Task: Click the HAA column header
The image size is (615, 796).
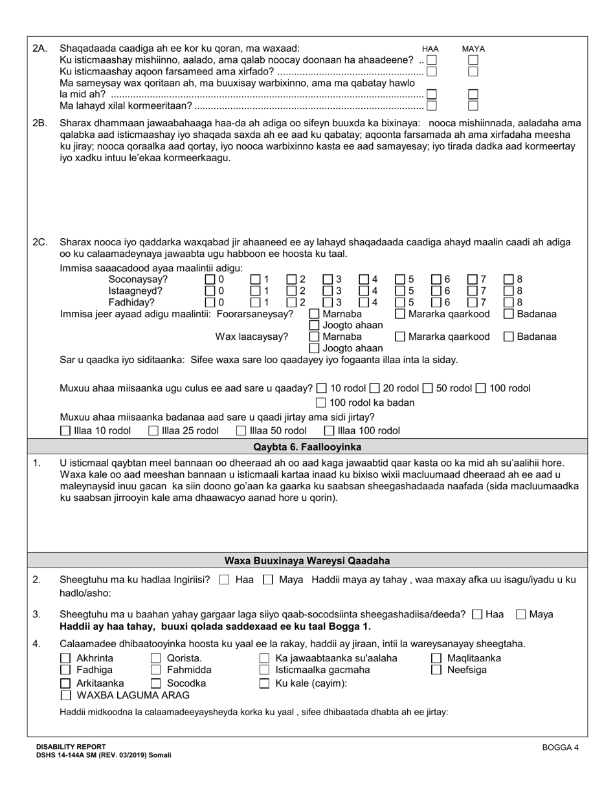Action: pyautogui.click(x=430, y=49)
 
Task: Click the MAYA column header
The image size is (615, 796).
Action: pyautogui.click(x=473, y=49)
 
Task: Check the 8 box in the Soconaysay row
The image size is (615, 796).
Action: pyautogui.click(x=509, y=279)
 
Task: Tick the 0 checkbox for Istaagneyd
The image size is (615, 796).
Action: pyautogui.click(x=210, y=291)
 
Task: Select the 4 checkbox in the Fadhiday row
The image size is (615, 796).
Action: pyautogui.click(x=364, y=302)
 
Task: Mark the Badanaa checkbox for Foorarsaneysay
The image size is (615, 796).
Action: pyautogui.click(x=509, y=314)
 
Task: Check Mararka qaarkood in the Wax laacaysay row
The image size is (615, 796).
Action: pyautogui.click(x=400, y=337)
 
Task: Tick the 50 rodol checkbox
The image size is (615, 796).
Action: pyautogui.click(x=427, y=388)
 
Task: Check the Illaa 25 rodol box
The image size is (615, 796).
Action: pyautogui.click(x=153, y=430)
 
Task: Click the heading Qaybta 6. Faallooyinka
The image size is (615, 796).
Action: pyautogui.click(x=307, y=447)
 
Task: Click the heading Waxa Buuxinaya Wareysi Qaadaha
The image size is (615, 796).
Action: pyautogui.click(x=307, y=560)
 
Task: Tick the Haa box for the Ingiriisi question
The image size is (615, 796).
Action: pyautogui.click(x=224, y=580)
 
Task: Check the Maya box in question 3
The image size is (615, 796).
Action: pyautogui.click(x=520, y=614)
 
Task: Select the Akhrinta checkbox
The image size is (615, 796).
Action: pyautogui.click(x=65, y=658)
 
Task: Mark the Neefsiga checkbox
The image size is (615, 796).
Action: pyautogui.click(x=436, y=670)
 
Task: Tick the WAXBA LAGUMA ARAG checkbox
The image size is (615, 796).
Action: pyautogui.click(x=65, y=695)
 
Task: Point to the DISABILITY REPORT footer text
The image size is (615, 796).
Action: pyautogui.click(x=71, y=746)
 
